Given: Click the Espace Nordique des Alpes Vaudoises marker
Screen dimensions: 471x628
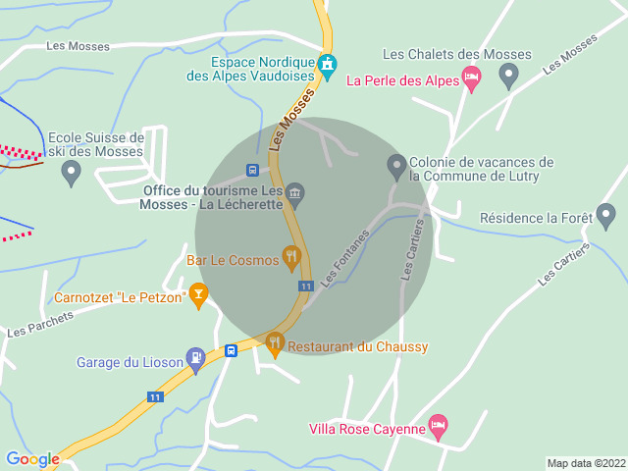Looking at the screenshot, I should pyautogui.click(x=328, y=66).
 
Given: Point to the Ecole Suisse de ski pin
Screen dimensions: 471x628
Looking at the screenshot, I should pyautogui.click(x=71, y=173).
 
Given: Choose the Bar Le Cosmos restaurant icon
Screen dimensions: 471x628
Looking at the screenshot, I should pyautogui.click(x=291, y=257).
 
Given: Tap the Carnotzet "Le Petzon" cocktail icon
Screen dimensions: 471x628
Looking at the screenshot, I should pyautogui.click(x=198, y=292).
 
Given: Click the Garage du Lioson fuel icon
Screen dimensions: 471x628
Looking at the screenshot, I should pyautogui.click(x=196, y=359).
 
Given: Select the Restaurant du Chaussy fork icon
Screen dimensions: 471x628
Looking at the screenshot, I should pyautogui.click(x=275, y=343).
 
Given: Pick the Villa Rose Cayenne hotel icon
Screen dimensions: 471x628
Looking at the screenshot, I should pyautogui.click(x=438, y=425).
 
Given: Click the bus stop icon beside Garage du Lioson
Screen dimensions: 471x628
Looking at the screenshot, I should pyautogui.click(x=232, y=350).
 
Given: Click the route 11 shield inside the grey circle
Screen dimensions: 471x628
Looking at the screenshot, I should pyautogui.click(x=306, y=286).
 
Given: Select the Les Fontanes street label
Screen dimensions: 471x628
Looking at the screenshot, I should pyautogui.click(x=344, y=258).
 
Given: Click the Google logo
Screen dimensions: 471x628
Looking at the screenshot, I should pyautogui.click(x=31, y=458).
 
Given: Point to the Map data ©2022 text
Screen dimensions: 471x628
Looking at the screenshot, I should pyautogui.click(x=585, y=463).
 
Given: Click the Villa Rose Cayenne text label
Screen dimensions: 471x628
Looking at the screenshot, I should pyautogui.click(x=367, y=429).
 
